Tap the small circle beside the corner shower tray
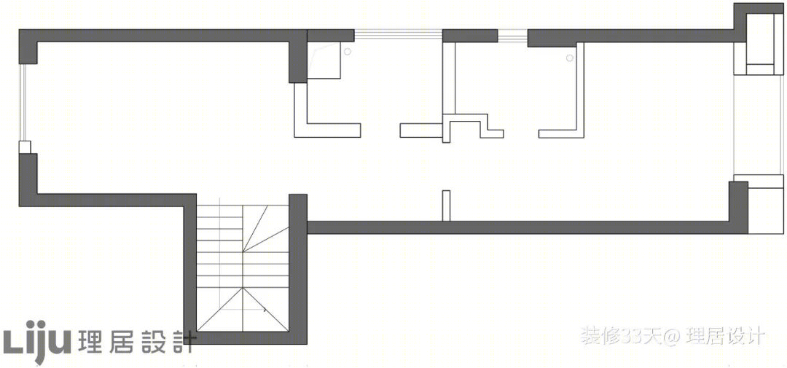pos(348,50)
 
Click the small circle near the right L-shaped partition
pos(570,58)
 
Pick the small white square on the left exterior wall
pos(25,147)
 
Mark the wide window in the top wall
pos(398,35)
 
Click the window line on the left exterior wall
pos(21,103)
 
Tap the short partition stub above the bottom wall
pos(446,205)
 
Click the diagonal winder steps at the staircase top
pos(266,227)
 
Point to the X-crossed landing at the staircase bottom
pos(243,309)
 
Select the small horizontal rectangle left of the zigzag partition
pos(421,130)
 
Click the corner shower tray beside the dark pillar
pos(324,60)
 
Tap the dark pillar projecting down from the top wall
pos(298,56)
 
